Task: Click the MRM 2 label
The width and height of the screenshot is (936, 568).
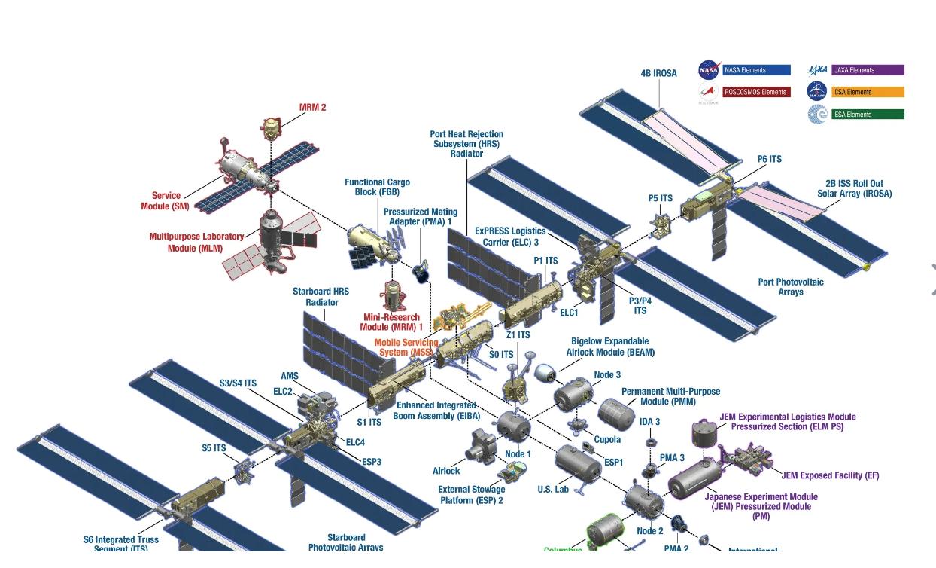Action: [312, 107]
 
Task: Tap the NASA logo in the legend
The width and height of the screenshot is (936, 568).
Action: [708, 70]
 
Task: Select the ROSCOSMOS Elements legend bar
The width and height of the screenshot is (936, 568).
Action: [756, 92]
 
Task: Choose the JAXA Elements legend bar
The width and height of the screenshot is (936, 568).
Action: [868, 70]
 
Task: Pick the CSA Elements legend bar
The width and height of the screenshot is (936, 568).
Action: [868, 92]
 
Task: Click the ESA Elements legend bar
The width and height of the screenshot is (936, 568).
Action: [868, 115]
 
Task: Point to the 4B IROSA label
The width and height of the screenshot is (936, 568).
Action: [658, 73]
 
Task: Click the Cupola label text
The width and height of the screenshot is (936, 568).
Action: [607, 439]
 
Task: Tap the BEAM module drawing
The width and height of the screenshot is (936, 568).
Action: [545, 371]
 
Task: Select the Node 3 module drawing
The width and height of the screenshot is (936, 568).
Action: [574, 395]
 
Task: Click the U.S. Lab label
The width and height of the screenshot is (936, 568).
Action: [553, 490]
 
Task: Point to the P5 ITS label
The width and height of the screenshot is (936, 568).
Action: [660, 198]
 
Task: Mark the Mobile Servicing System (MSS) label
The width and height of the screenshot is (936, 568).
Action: [406, 347]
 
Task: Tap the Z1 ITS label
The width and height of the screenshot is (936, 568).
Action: [518, 335]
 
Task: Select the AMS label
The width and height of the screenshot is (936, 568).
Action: [290, 376]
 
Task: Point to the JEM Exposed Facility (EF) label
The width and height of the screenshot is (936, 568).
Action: [830, 475]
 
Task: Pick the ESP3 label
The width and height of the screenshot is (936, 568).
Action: [372, 462]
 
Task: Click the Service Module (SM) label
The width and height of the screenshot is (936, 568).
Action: [166, 201]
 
